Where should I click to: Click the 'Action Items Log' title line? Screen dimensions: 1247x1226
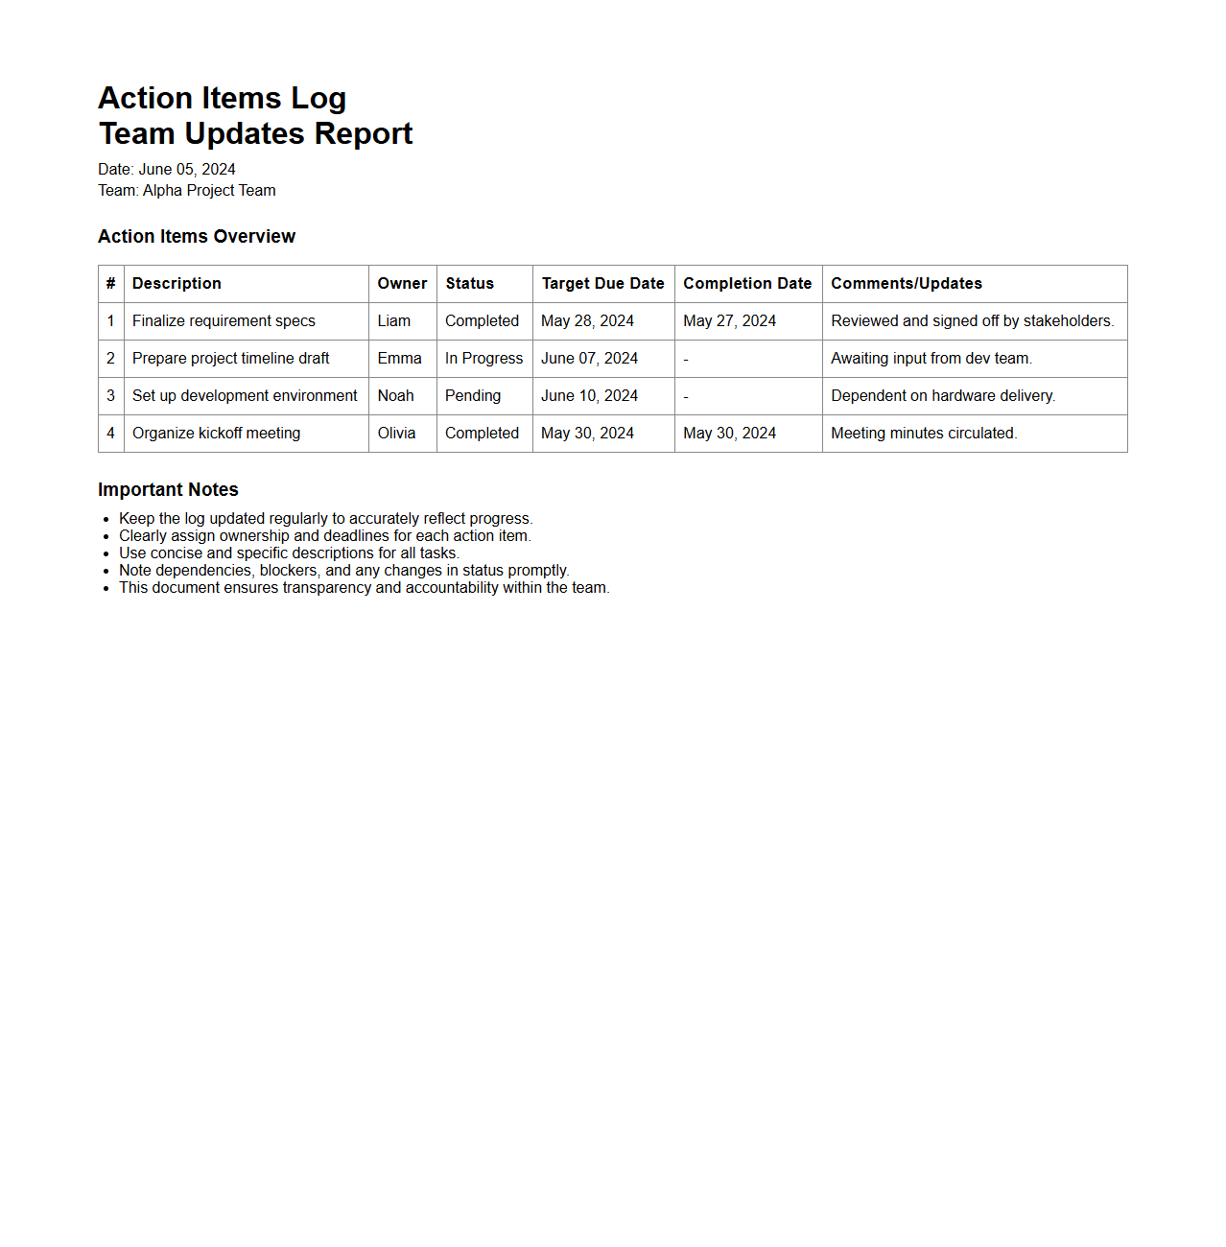pos(222,98)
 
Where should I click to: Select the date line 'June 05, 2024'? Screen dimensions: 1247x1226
pos(167,170)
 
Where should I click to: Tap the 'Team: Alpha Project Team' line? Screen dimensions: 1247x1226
pos(187,191)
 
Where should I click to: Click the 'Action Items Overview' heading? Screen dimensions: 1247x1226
pos(197,237)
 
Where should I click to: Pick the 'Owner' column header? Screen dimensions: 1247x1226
pos(402,284)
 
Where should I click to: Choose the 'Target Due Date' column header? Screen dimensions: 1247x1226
pos(602,284)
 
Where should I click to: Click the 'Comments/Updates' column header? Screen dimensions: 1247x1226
pos(906,284)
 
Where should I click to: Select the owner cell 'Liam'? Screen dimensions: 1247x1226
pos(393,321)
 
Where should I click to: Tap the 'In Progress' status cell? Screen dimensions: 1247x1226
pos(483,359)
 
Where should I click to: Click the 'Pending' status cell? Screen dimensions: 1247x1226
pos(472,396)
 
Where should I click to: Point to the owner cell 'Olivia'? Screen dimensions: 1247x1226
pos(396,434)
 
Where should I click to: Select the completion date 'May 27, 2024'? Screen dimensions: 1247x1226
pos(729,321)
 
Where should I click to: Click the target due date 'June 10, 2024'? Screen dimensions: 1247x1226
pos(589,396)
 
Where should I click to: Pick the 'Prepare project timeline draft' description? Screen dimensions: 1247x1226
pos(230,359)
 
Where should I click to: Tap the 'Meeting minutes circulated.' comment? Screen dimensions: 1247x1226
pos(924,434)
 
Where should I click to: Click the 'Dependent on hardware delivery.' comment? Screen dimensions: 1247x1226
pos(943,396)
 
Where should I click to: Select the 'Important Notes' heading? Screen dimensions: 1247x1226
pos(168,490)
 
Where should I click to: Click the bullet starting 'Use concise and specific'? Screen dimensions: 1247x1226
pos(289,553)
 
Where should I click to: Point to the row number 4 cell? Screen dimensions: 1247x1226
pos(110,434)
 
